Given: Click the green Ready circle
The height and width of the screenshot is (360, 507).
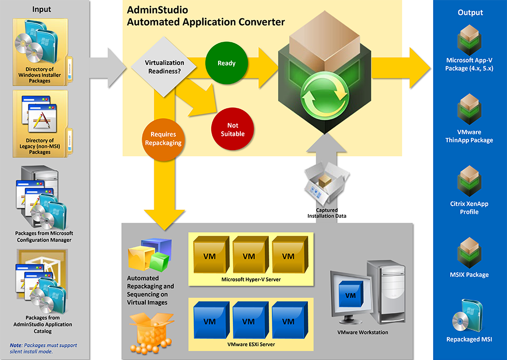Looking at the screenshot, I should [227, 63].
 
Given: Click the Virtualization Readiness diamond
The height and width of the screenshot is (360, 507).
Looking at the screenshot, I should [164, 67].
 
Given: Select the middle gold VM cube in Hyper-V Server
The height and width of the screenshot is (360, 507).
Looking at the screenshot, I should [248, 255].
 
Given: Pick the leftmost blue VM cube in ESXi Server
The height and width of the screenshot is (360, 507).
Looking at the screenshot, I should [210, 320].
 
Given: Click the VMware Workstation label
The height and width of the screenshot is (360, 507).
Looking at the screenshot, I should [362, 333].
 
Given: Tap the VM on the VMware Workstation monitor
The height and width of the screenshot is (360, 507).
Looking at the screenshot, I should [350, 296].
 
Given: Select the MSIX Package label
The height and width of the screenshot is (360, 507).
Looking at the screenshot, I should [469, 274].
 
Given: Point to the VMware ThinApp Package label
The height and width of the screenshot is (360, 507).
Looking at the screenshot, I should [469, 136].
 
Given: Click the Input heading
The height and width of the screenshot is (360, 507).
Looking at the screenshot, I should [42, 9].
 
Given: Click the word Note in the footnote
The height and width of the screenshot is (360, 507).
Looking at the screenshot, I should [15, 345].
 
